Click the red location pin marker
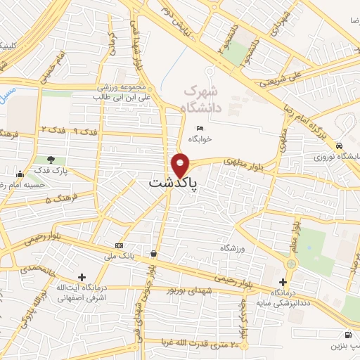(181, 165)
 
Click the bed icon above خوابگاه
(200, 128)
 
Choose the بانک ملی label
(117, 255)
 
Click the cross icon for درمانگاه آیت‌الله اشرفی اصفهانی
(83, 277)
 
